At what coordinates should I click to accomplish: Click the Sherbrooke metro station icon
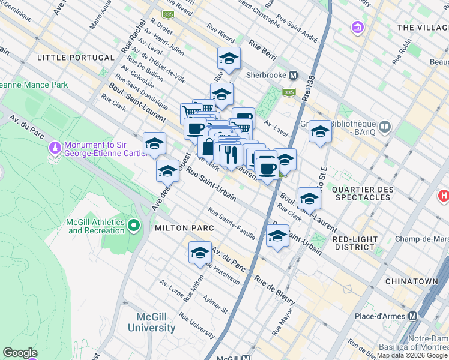pyautogui.click(x=294, y=76)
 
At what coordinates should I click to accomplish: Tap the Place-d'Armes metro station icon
pyautogui.click(x=412, y=316)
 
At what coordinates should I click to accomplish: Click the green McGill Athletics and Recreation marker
pyautogui.click(x=133, y=226)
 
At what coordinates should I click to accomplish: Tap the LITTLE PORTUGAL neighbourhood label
pyautogui.click(x=76, y=57)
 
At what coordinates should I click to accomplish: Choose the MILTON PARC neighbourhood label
pyautogui.click(x=181, y=228)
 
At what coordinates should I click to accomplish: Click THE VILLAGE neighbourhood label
pyautogui.click(x=423, y=28)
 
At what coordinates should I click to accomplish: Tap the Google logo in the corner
pyautogui.click(x=20, y=353)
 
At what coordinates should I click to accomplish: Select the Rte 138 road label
pyautogui.click(x=311, y=57)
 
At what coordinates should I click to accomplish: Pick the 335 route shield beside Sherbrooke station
pyautogui.click(x=289, y=92)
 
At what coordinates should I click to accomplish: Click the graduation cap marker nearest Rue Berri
pyautogui.click(x=229, y=59)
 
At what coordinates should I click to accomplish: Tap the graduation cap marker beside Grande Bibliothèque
pyautogui.click(x=320, y=131)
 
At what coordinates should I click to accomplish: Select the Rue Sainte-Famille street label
pyautogui.click(x=232, y=223)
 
